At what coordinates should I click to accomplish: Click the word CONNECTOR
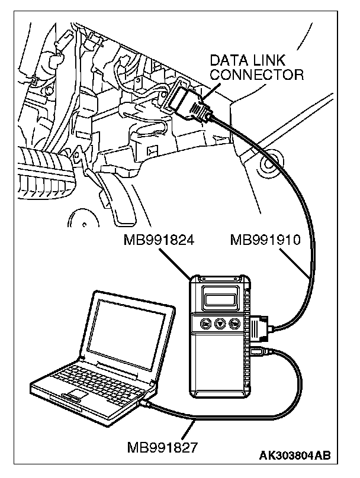[257, 75]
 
